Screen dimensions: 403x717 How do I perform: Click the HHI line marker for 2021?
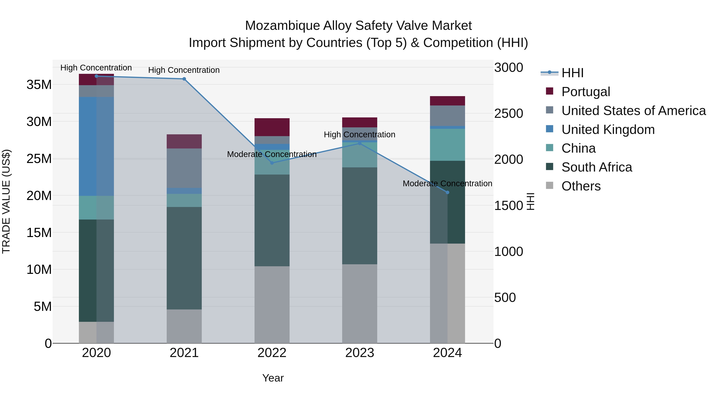point(184,79)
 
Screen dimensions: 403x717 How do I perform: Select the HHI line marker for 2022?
point(272,163)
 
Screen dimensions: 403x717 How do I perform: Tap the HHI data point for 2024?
point(447,192)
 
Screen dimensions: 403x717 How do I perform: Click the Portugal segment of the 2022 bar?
point(272,127)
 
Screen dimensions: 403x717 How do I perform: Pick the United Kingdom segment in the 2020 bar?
point(96,146)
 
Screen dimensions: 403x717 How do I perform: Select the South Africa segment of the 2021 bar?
point(184,258)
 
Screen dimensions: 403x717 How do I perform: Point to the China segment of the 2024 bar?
point(447,145)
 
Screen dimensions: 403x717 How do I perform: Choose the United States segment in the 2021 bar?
point(184,168)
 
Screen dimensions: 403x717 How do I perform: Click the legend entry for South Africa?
point(597,167)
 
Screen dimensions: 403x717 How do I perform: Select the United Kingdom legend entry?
point(608,130)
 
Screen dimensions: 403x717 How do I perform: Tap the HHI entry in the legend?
point(572,73)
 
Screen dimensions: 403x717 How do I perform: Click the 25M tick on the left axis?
point(39,159)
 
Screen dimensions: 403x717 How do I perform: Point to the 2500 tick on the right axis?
point(508,114)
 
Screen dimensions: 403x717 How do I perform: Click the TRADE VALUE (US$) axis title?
point(6,201)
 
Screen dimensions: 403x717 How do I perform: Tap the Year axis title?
point(273,378)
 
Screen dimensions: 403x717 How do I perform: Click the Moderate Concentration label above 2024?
point(447,183)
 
